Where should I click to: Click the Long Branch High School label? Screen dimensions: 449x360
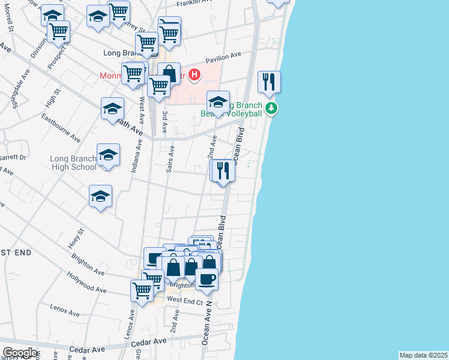73,163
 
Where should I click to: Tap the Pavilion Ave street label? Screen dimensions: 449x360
223,58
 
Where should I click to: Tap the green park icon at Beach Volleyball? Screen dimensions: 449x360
272,108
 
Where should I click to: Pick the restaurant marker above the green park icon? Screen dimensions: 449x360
268,82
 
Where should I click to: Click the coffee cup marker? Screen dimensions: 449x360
206,279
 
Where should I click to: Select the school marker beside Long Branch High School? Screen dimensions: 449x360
109,155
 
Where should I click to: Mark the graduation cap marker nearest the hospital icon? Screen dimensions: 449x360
218,101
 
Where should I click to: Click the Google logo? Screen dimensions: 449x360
20,353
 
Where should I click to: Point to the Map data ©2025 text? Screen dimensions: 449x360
424,355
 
